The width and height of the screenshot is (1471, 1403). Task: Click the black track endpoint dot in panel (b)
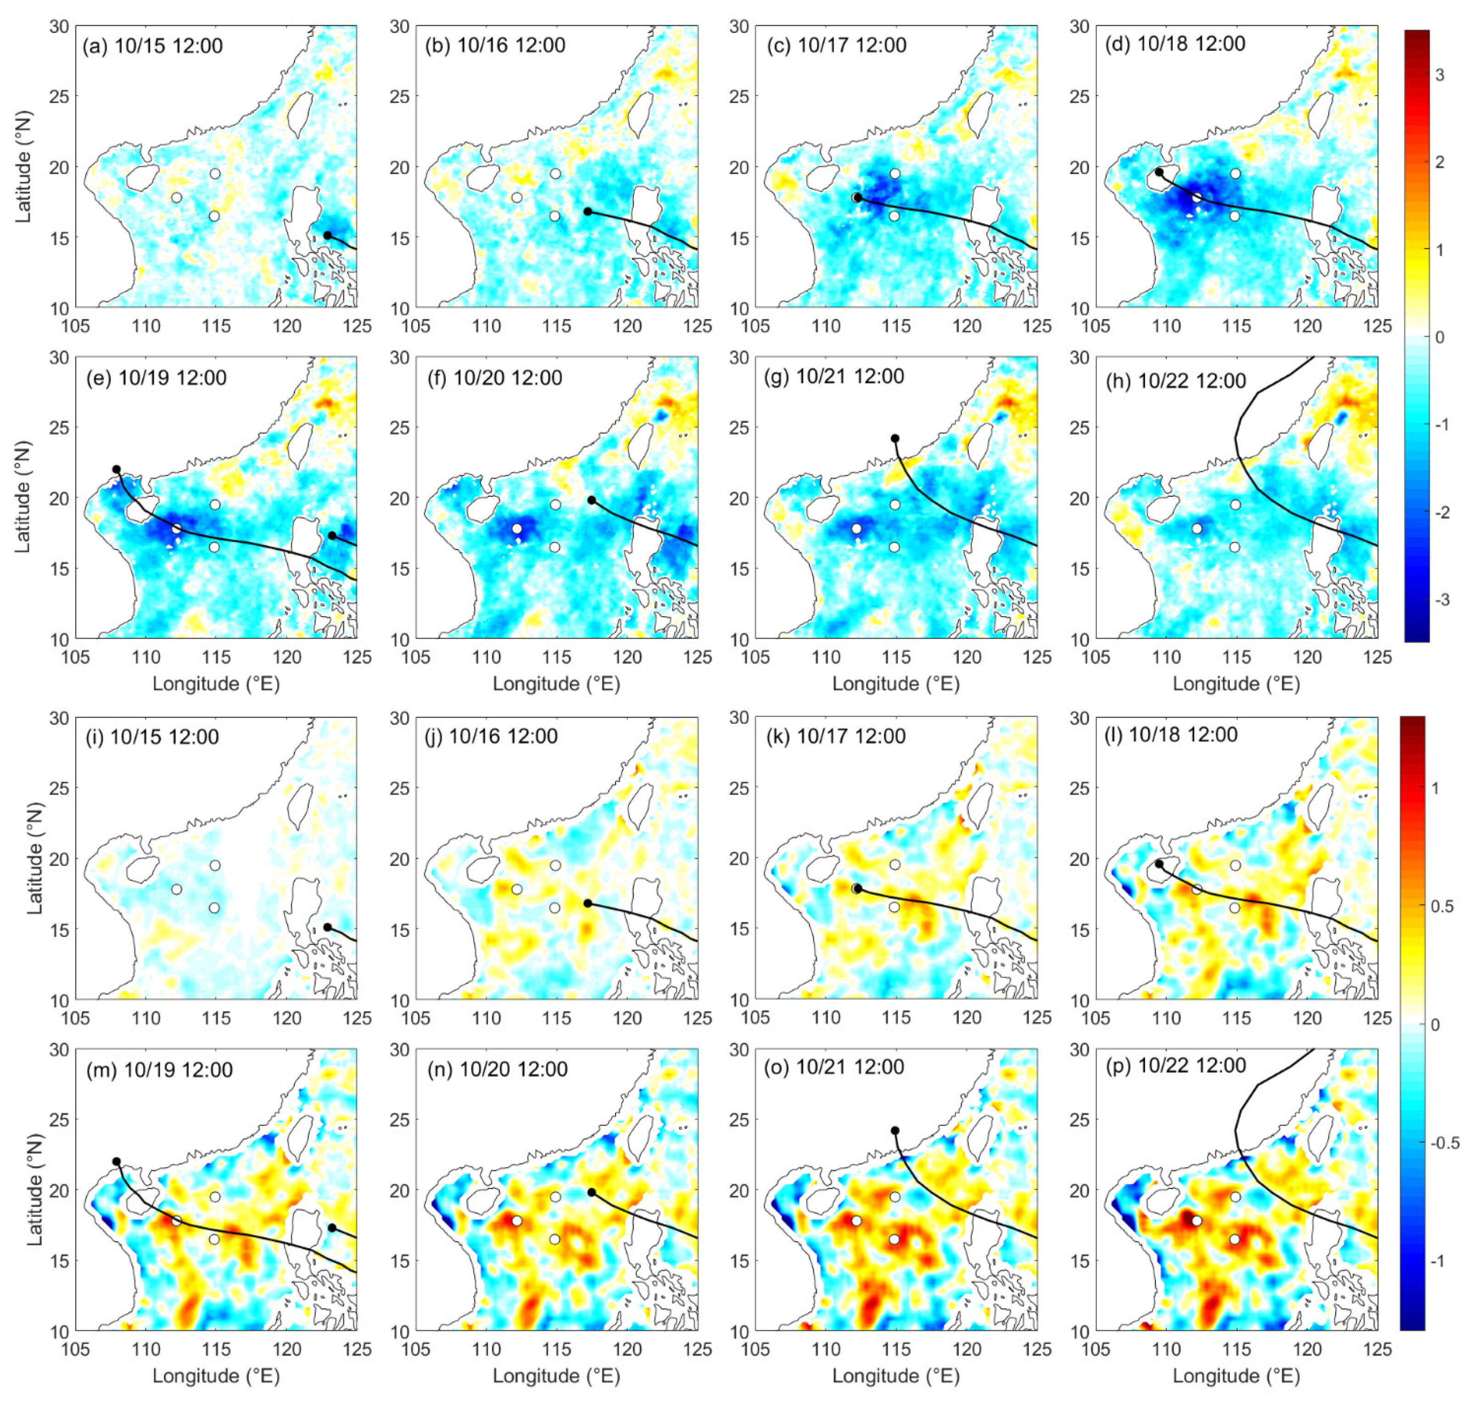coord(588,212)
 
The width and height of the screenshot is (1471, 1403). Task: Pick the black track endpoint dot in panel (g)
coord(895,438)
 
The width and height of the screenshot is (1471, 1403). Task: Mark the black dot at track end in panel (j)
coord(588,904)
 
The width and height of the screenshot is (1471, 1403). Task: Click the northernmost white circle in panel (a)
coord(215,174)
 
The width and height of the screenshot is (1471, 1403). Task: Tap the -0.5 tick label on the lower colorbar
coord(1443,1144)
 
